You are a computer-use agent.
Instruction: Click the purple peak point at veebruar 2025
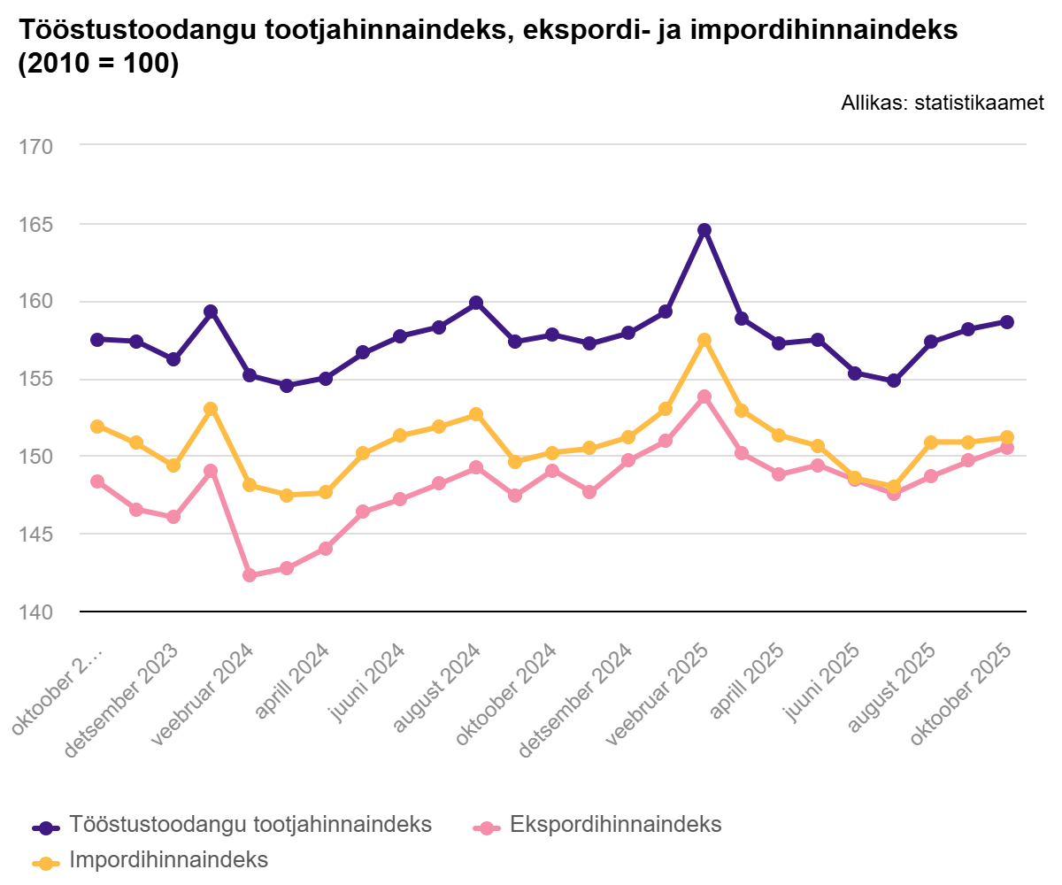(x=704, y=230)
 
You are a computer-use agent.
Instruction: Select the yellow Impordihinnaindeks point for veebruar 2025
(x=704, y=340)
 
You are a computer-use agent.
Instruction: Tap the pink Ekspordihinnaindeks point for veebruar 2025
(x=704, y=397)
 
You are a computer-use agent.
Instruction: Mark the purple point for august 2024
(x=476, y=303)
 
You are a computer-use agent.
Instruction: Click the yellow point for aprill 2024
(x=325, y=492)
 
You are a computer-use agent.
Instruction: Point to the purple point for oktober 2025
(x=1007, y=322)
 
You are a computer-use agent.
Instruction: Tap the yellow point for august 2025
(x=931, y=442)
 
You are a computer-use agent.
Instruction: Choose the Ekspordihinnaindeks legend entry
(x=616, y=825)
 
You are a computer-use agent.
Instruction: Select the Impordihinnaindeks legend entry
(x=168, y=859)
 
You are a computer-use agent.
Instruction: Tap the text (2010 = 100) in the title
(x=98, y=65)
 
